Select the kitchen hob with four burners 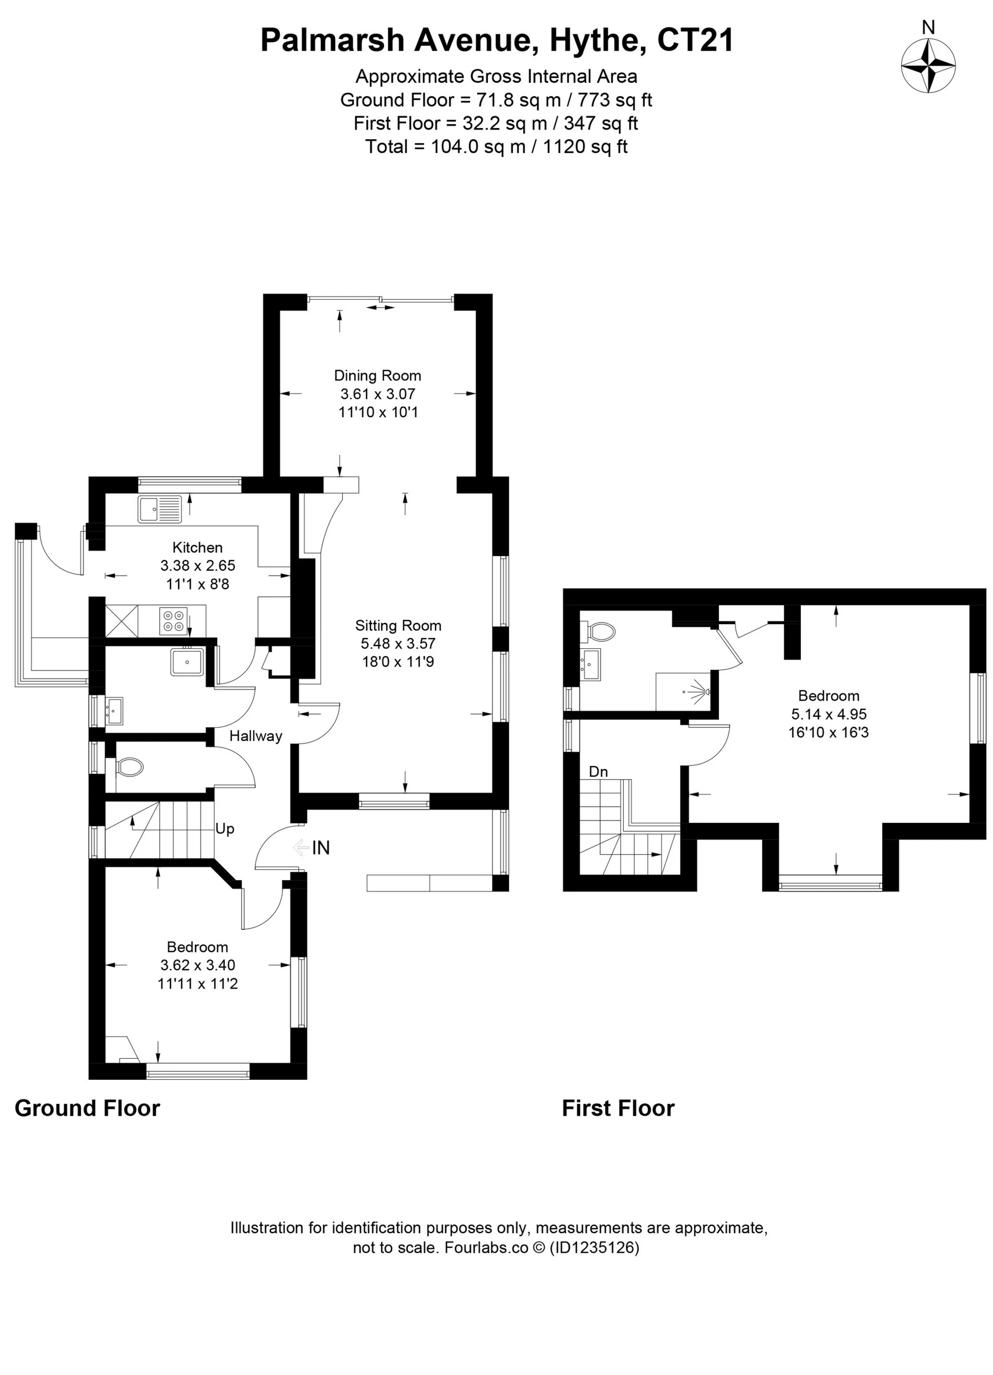coord(174,621)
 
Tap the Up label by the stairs coord(225,829)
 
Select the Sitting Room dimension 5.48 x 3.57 coord(398,643)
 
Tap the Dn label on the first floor coord(598,772)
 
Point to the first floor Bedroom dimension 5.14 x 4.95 coord(828,713)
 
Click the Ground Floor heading coord(87,1108)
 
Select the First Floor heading coord(618,1108)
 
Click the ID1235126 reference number coord(595,1247)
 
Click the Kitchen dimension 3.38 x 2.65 coord(198,565)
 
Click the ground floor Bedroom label coord(198,946)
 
